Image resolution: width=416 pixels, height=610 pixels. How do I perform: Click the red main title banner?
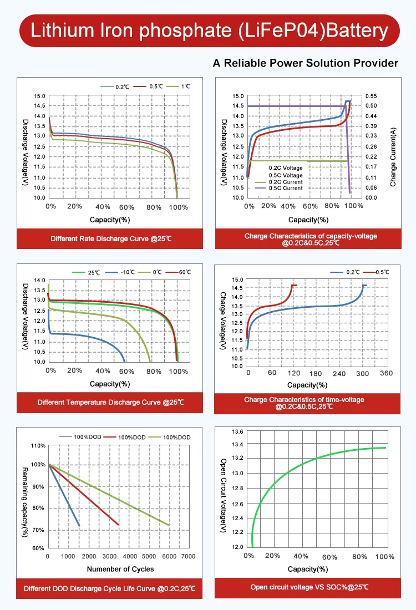click(x=208, y=30)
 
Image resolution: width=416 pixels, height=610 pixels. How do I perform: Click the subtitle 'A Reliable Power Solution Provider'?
click(x=306, y=63)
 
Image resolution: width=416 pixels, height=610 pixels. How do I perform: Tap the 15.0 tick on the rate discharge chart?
click(x=39, y=96)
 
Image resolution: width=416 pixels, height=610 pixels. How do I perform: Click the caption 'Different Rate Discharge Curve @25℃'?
click(x=111, y=239)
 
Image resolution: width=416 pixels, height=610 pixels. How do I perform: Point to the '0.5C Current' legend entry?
click(x=285, y=189)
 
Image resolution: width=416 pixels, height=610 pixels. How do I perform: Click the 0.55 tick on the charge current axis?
click(x=371, y=96)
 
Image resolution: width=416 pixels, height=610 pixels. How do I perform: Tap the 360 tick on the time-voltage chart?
click(x=386, y=373)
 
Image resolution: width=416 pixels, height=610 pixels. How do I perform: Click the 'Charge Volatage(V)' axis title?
click(x=223, y=321)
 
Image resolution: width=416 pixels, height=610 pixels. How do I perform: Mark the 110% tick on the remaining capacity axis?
click(x=38, y=445)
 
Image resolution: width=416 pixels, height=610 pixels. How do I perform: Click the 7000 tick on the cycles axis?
click(x=189, y=556)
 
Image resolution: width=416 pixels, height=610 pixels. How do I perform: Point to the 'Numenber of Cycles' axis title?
click(x=120, y=569)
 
